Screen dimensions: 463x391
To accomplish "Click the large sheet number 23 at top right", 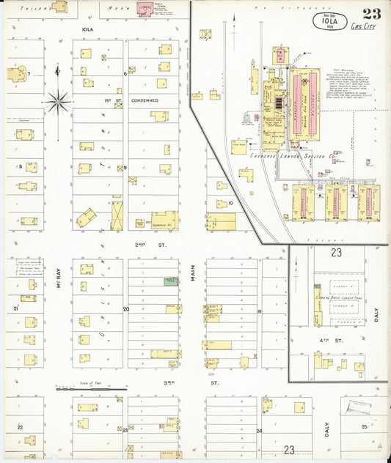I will pyautogui.click(x=371, y=13).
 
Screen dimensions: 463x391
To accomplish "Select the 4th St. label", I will pyautogui.click(x=338, y=341).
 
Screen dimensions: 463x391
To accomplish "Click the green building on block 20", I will pyautogui.click(x=171, y=281).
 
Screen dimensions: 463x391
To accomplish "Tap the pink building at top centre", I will pyautogui.click(x=151, y=10).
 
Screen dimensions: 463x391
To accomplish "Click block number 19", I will pyautogui.click(x=259, y=312).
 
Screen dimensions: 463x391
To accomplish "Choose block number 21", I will pyautogui.click(x=15, y=309).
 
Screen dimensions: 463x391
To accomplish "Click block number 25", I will pyautogui.click(x=364, y=426).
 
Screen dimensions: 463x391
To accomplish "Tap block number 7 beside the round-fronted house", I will pyautogui.click(x=28, y=74).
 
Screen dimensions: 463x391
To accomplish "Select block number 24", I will pyautogui.click(x=259, y=431).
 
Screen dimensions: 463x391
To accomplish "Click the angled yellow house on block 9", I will pyautogui.click(x=86, y=217).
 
